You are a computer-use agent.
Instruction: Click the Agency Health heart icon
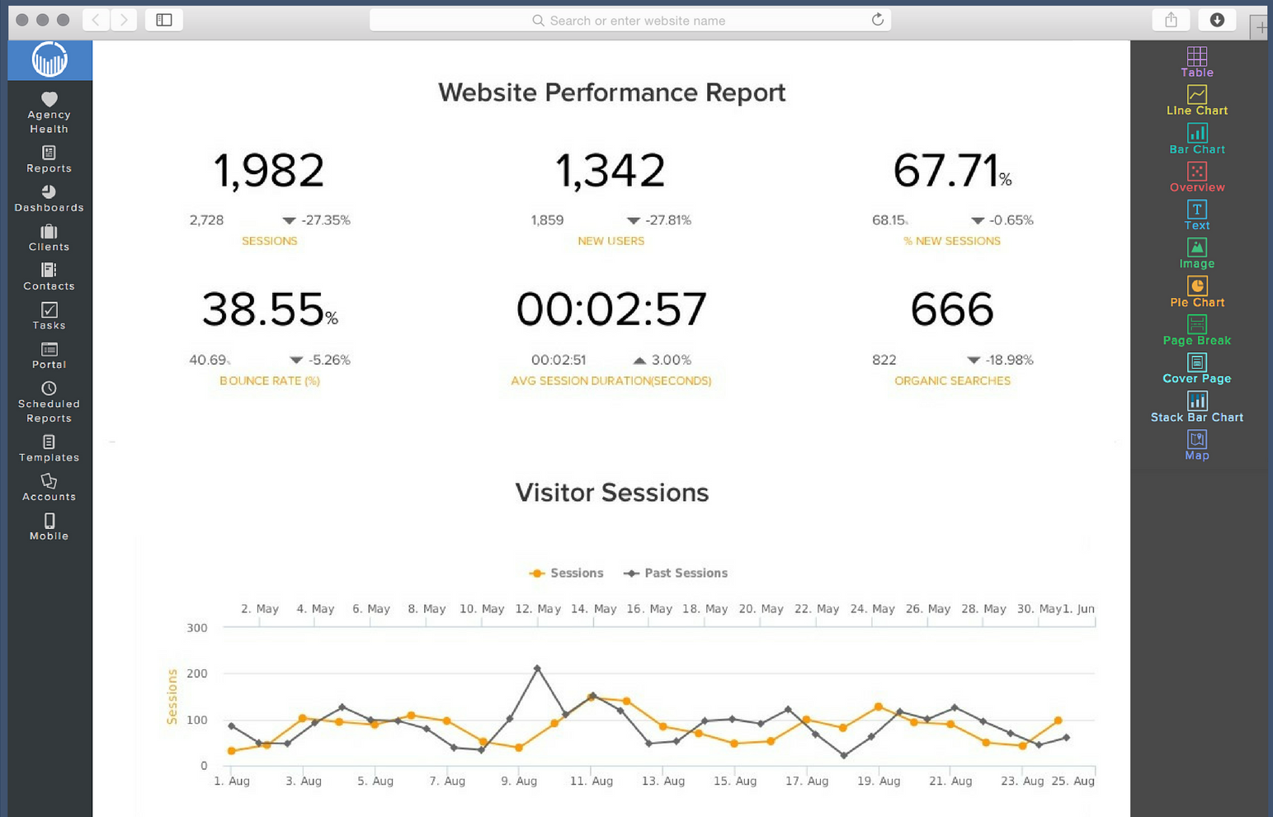(50, 99)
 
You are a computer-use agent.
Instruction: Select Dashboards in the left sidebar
(50, 198)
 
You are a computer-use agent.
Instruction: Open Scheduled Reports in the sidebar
(50, 402)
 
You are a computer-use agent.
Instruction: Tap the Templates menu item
(50, 449)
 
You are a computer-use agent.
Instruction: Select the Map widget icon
(1197, 440)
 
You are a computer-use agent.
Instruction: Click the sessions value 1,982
(269, 171)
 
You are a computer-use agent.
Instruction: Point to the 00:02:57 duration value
(611, 309)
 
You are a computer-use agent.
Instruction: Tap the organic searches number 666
(952, 309)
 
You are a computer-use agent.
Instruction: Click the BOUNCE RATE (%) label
(270, 380)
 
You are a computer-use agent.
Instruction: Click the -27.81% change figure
(668, 220)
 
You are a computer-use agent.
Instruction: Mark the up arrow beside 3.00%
(639, 360)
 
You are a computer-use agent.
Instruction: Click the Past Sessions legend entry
(677, 573)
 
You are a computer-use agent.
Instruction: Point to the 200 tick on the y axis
(197, 673)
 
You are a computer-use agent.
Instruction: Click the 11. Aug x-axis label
(592, 781)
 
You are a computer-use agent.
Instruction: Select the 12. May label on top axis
(538, 609)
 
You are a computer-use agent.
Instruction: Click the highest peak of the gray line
(537, 668)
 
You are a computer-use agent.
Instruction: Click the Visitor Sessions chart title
(612, 493)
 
